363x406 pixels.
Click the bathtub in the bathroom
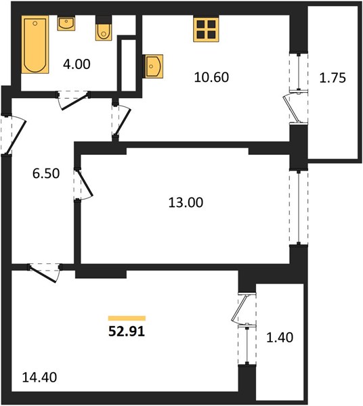click(35, 45)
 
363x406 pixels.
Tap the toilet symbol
click(104, 28)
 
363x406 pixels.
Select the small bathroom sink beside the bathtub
click(66, 23)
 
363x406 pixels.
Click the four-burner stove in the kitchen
click(206, 28)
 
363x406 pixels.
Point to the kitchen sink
click(153, 66)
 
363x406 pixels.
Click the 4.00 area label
click(77, 64)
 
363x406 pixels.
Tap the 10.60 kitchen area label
click(211, 77)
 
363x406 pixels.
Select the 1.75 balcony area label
click(333, 78)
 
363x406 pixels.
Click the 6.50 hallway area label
click(46, 173)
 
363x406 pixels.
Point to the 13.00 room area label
click(186, 202)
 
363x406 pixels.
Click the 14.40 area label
click(39, 378)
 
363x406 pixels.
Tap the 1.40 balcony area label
click(280, 338)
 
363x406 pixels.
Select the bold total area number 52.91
click(127, 332)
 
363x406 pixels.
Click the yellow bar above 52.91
click(127, 318)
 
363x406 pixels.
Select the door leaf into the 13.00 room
click(85, 183)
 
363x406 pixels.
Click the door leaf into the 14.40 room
click(43, 274)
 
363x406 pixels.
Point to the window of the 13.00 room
click(299, 207)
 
